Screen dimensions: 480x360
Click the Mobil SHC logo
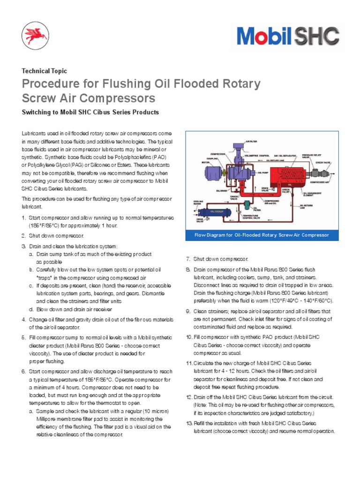(x=288, y=36)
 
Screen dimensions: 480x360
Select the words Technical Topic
(x=45, y=71)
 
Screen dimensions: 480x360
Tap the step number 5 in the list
(x=23, y=337)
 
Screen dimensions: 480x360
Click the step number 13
(x=189, y=423)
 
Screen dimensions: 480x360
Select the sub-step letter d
(x=30, y=309)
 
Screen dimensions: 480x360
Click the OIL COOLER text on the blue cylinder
(x=217, y=211)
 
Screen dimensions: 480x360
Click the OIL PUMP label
(x=259, y=172)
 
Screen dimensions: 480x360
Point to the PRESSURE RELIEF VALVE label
(x=310, y=155)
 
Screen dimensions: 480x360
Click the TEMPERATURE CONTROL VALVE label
(x=254, y=217)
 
